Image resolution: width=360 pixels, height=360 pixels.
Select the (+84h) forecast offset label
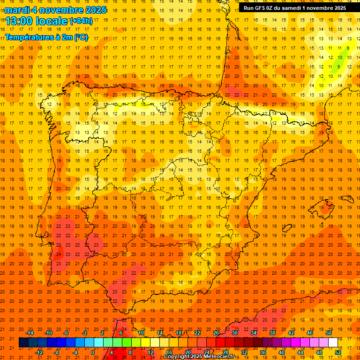(x=81, y=21)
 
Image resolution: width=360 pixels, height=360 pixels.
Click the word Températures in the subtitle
(x=28, y=37)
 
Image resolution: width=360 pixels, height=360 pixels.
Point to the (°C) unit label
(x=81, y=37)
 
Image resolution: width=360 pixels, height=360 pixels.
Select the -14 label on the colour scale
(x=30, y=333)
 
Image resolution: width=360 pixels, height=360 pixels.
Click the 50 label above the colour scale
(x=328, y=333)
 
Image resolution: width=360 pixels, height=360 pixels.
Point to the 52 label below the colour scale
(x=338, y=352)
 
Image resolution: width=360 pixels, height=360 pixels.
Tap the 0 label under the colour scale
(x=93, y=352)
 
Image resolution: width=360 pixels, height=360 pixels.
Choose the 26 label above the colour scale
(x=216, y=333)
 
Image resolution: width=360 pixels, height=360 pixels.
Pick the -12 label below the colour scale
(x=39, y=352)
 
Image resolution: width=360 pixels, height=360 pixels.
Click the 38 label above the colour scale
(x=272, y=333)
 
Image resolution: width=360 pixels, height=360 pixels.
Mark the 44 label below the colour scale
(x=300, y=352)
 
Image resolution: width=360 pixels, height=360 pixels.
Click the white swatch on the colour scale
(x=333, y=343)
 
